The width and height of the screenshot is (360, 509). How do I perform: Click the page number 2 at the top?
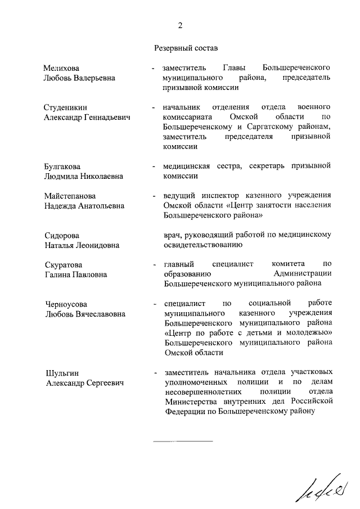tap(180, 25)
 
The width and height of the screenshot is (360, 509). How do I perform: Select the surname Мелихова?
tap(61, 68)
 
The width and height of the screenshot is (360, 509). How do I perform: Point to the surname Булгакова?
tap(62, 166)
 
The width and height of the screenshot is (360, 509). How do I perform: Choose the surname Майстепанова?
tap(70, 196)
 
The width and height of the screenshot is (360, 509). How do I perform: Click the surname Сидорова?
tap(62, 235)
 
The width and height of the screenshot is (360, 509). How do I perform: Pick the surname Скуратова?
tap(63, 264)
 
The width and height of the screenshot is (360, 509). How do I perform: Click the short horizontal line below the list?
tap(183, 442)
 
